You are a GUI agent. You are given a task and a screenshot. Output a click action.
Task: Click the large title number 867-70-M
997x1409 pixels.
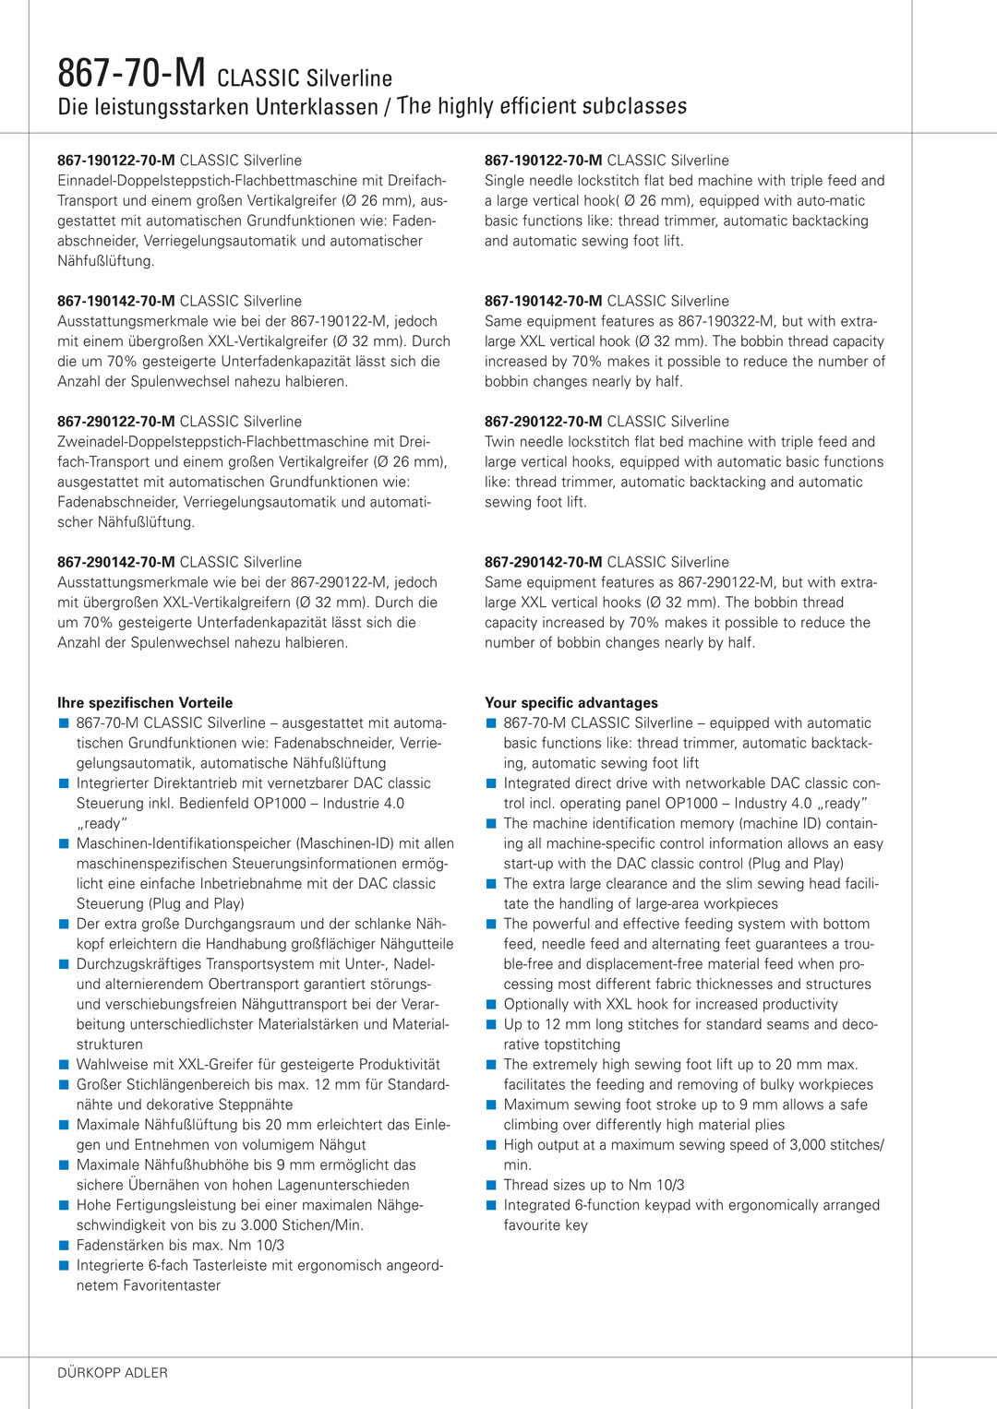pos(131,73)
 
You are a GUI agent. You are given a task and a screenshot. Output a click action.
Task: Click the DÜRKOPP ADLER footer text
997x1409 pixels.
pos(113,1373)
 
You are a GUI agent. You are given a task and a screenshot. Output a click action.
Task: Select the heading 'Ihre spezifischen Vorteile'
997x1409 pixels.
pos(145,703)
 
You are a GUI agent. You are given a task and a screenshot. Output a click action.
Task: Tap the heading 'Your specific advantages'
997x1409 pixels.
pos(571,703)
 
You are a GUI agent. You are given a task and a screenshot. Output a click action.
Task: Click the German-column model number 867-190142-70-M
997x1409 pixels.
pos(116,302)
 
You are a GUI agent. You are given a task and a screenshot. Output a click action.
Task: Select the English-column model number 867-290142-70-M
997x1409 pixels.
pos(544,562)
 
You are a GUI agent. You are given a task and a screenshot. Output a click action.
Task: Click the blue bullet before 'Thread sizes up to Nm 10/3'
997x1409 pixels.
pos(491,1185)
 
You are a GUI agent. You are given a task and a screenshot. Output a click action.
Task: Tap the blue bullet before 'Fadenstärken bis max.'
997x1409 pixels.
pos(64,1246)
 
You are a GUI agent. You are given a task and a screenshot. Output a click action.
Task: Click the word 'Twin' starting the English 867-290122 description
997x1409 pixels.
pos(499,442)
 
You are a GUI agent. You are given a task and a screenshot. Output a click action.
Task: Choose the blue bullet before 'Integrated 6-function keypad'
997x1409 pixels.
pos(491,1205)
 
